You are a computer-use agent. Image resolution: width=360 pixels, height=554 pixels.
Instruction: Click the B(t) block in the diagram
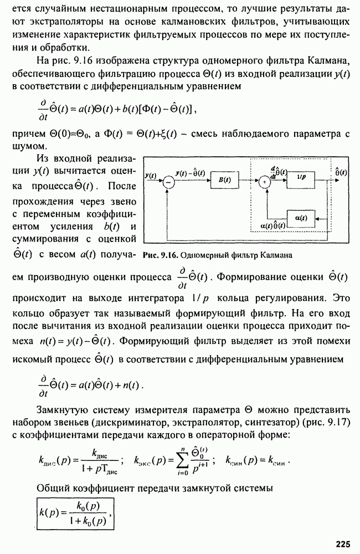(224, 180)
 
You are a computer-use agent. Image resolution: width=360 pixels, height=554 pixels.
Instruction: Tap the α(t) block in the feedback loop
(301, 219)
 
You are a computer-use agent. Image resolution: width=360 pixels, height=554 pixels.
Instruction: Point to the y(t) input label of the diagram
(150, 175)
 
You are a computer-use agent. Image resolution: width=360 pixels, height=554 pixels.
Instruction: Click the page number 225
(342, 544)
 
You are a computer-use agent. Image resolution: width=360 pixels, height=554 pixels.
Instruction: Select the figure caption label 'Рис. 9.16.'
(159, 255)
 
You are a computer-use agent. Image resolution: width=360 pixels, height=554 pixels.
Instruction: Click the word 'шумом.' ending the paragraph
(25, 146)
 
